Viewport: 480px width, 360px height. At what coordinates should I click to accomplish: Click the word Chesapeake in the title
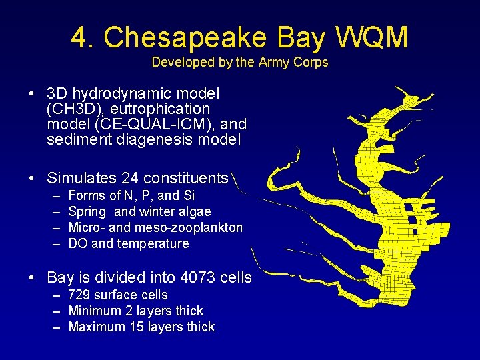[x=184, y=38]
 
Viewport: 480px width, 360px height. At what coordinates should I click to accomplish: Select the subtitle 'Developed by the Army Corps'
[x=240, y=63]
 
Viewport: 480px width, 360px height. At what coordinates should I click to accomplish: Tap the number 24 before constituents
[x=131, y=179]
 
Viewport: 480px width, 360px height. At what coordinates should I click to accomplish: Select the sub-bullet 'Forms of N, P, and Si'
[x=131, y=196]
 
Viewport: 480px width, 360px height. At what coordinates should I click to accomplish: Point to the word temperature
[x=153, y=244]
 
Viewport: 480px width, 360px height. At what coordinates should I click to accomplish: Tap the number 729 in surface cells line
[x=79, y=295]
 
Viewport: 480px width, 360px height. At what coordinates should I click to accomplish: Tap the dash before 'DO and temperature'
[x=55, y=244]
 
